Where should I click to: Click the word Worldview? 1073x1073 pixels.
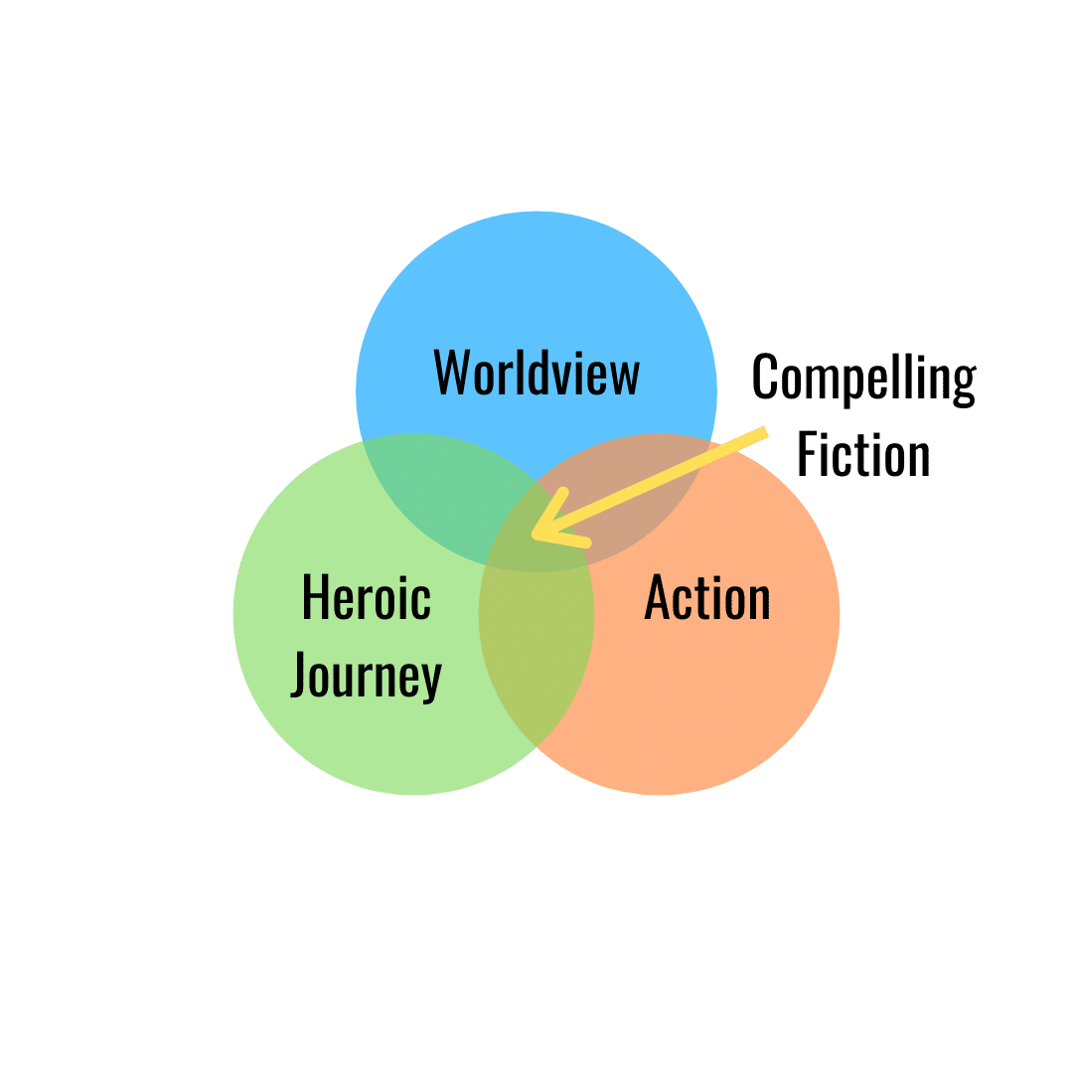click(536, 373)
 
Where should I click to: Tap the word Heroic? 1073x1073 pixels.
click(366, 598)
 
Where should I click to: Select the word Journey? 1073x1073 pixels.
click(366, 680)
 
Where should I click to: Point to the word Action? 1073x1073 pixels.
click(707, 598)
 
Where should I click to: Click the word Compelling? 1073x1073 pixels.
click(863, 379)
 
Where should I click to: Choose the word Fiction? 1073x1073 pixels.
click(863, 455)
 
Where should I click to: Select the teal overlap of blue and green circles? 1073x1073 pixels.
click(437, 487)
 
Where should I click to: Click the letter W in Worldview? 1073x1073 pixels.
click(452, 373)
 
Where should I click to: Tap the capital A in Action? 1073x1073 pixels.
click(657, 598)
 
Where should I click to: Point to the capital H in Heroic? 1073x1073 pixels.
click(315, 598)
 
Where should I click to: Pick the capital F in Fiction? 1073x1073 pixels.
click(808, 455)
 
